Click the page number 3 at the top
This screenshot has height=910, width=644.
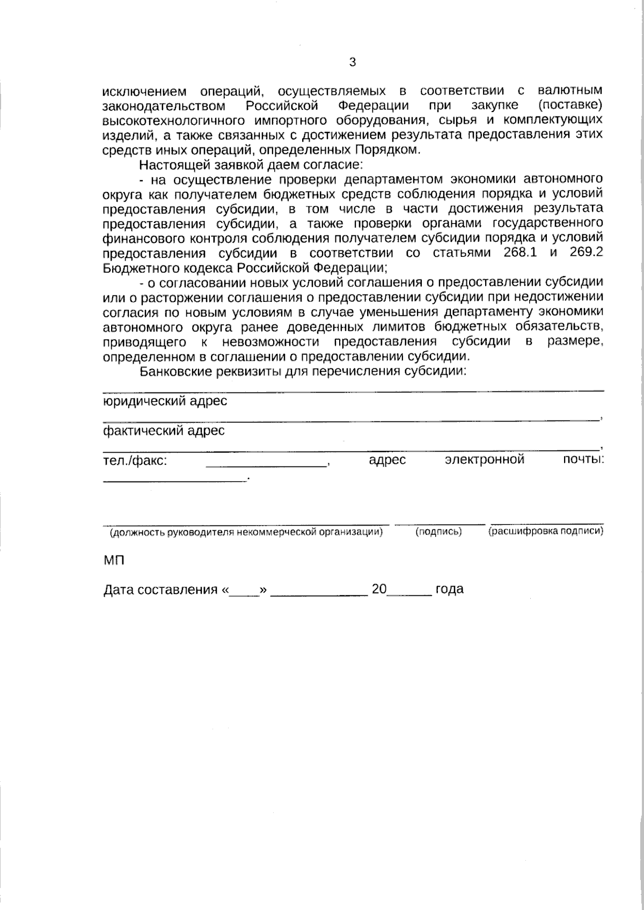tap(352, 62)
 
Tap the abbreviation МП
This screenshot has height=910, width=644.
tap(113, 561)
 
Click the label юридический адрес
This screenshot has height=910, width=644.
tap(165, 401)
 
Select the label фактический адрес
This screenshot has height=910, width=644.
tap(164, 430)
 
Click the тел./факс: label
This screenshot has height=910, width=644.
tap(135, 460)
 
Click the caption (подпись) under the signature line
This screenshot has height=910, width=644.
tap(439, 531)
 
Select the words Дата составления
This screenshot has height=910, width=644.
tap(159, 589)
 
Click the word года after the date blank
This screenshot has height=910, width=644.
tap(449, 589)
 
